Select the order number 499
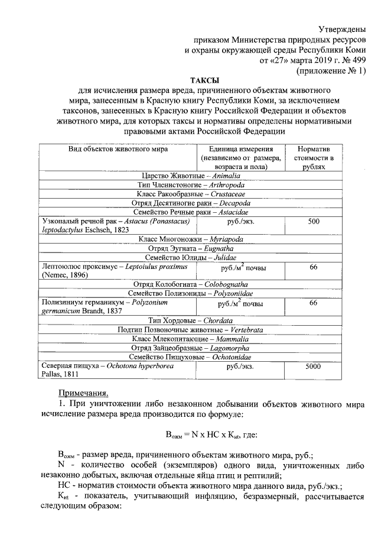(361, 60)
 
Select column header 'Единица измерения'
(239, 149)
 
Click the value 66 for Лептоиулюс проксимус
(314, 268)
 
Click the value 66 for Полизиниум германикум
(314, 303)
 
